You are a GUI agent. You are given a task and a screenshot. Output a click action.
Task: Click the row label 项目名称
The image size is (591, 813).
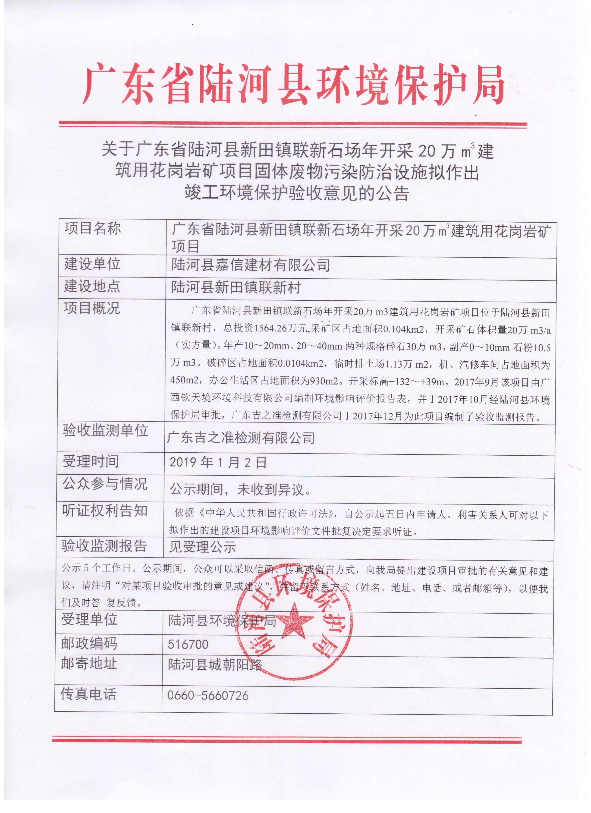click(93, 228)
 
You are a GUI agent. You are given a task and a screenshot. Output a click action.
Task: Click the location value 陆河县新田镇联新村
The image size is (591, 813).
click(236, 287)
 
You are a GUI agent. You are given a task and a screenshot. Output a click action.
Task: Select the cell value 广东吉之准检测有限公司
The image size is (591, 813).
click(241, 438)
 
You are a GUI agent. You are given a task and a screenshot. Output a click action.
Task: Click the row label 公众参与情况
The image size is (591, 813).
click(105, 484)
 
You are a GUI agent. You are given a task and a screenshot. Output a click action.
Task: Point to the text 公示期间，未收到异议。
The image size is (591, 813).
click(240, 489)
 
